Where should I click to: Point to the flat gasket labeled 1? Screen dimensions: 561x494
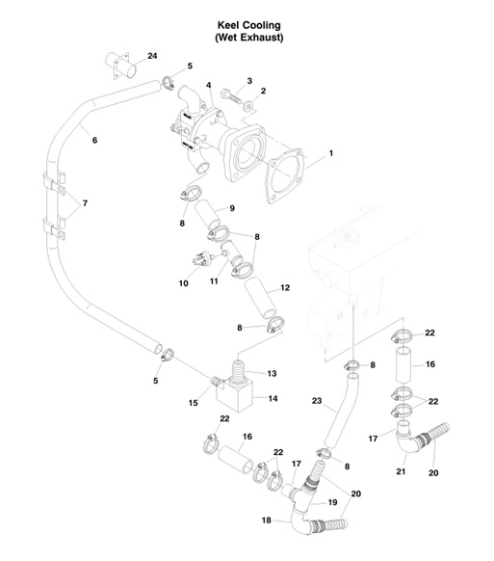[x=288, y=171]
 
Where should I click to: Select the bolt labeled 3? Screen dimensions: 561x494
[x=228, y=97]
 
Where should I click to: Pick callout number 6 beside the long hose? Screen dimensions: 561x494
[x=94, y=141]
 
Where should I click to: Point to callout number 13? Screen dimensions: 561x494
[x=272, y=373]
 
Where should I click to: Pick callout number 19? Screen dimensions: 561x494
[x=331, y=502]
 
